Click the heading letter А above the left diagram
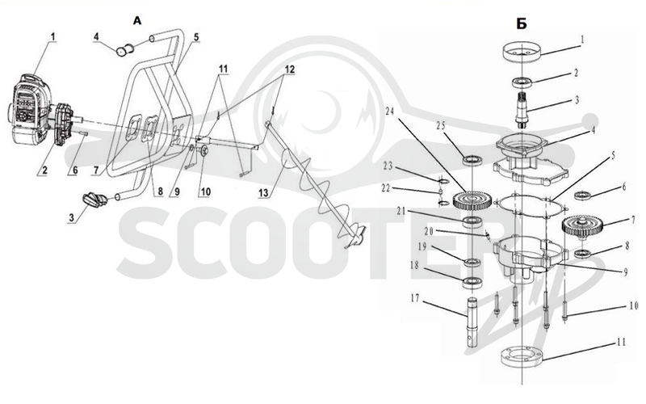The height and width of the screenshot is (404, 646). (x=137, y=21)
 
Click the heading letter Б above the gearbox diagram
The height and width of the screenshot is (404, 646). (x=522, y=24)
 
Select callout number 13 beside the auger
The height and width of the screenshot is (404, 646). (x=264, y=192)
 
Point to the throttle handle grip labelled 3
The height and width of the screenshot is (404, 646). (x=95, y=199)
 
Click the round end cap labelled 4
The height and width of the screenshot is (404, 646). (x=124, y=51)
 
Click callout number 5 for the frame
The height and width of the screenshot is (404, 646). (x=196, y=37)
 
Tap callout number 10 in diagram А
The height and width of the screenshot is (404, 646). (x=205, y=191)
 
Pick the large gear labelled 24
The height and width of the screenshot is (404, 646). (x=472, y=200)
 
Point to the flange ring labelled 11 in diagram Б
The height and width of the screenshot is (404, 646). (x=522, y=357)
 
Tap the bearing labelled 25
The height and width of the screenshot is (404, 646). (x=472, y=160)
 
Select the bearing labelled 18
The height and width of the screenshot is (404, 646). (x=472, y=282)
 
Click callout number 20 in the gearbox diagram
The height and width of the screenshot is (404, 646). (x=429, y=231)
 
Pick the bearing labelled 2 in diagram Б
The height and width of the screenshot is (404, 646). (x=522, y=82)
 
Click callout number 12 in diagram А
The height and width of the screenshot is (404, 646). (x=290, y=69)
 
